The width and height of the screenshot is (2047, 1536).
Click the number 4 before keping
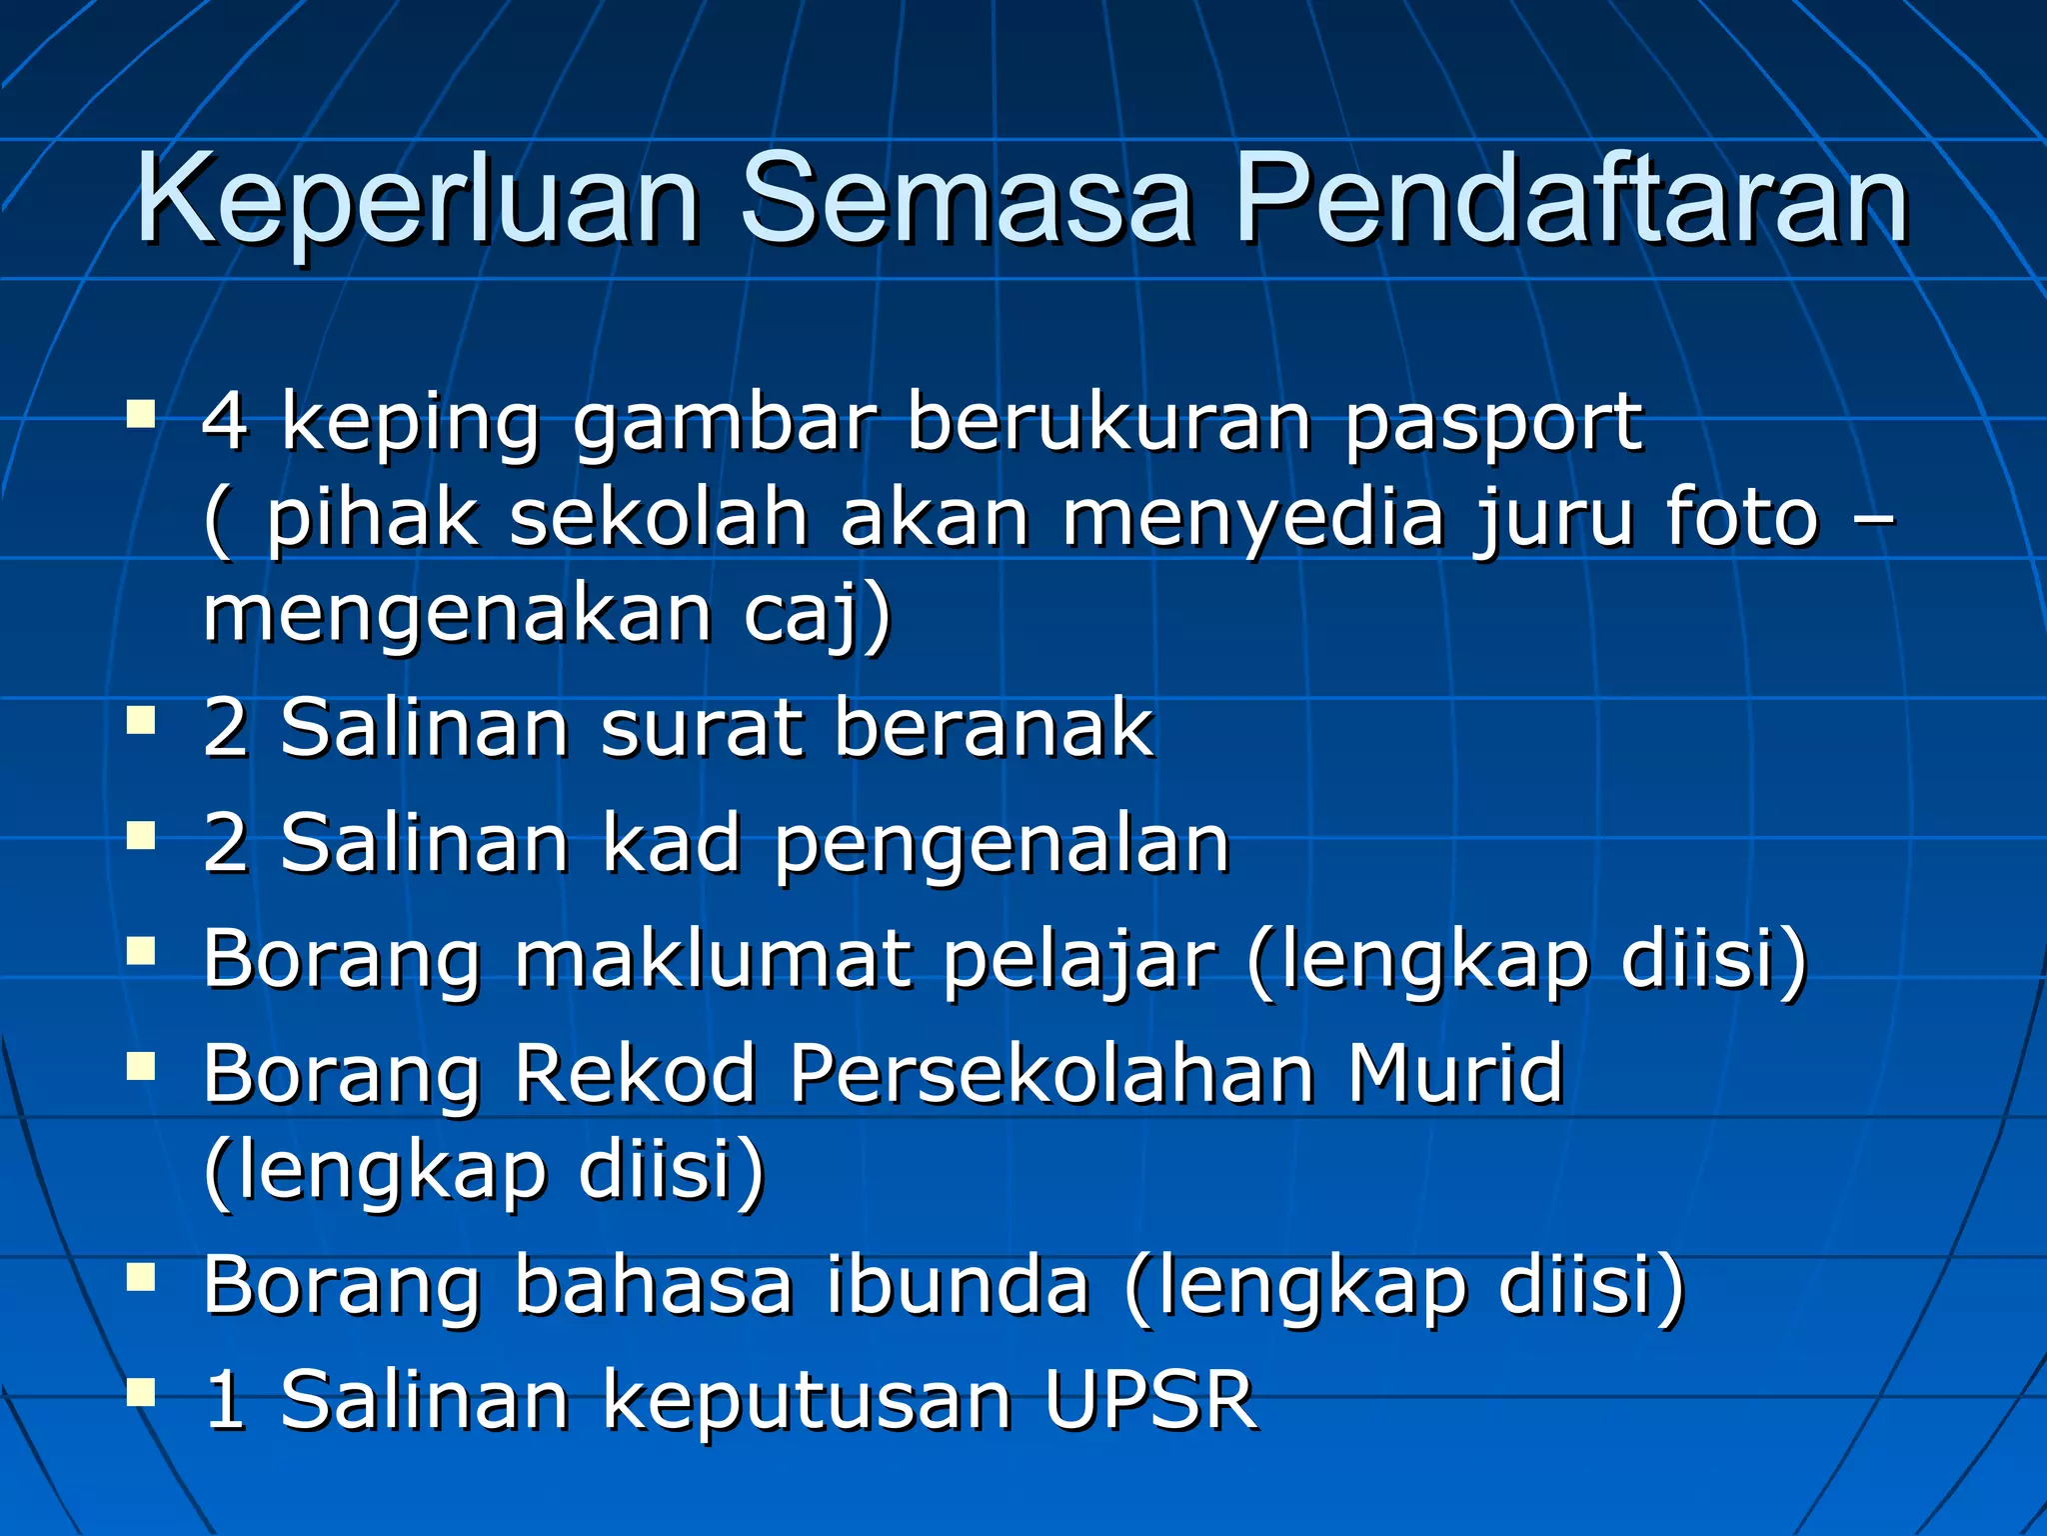coord(225,421)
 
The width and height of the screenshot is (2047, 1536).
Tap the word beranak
coord(994,728)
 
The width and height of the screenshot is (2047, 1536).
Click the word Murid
coord(1454,1074)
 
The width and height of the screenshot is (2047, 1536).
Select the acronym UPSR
coord(1149,1400)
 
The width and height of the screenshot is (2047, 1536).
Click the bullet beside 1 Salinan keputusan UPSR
coord(141,1391)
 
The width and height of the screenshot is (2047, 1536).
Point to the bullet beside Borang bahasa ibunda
coord(141,1277)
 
